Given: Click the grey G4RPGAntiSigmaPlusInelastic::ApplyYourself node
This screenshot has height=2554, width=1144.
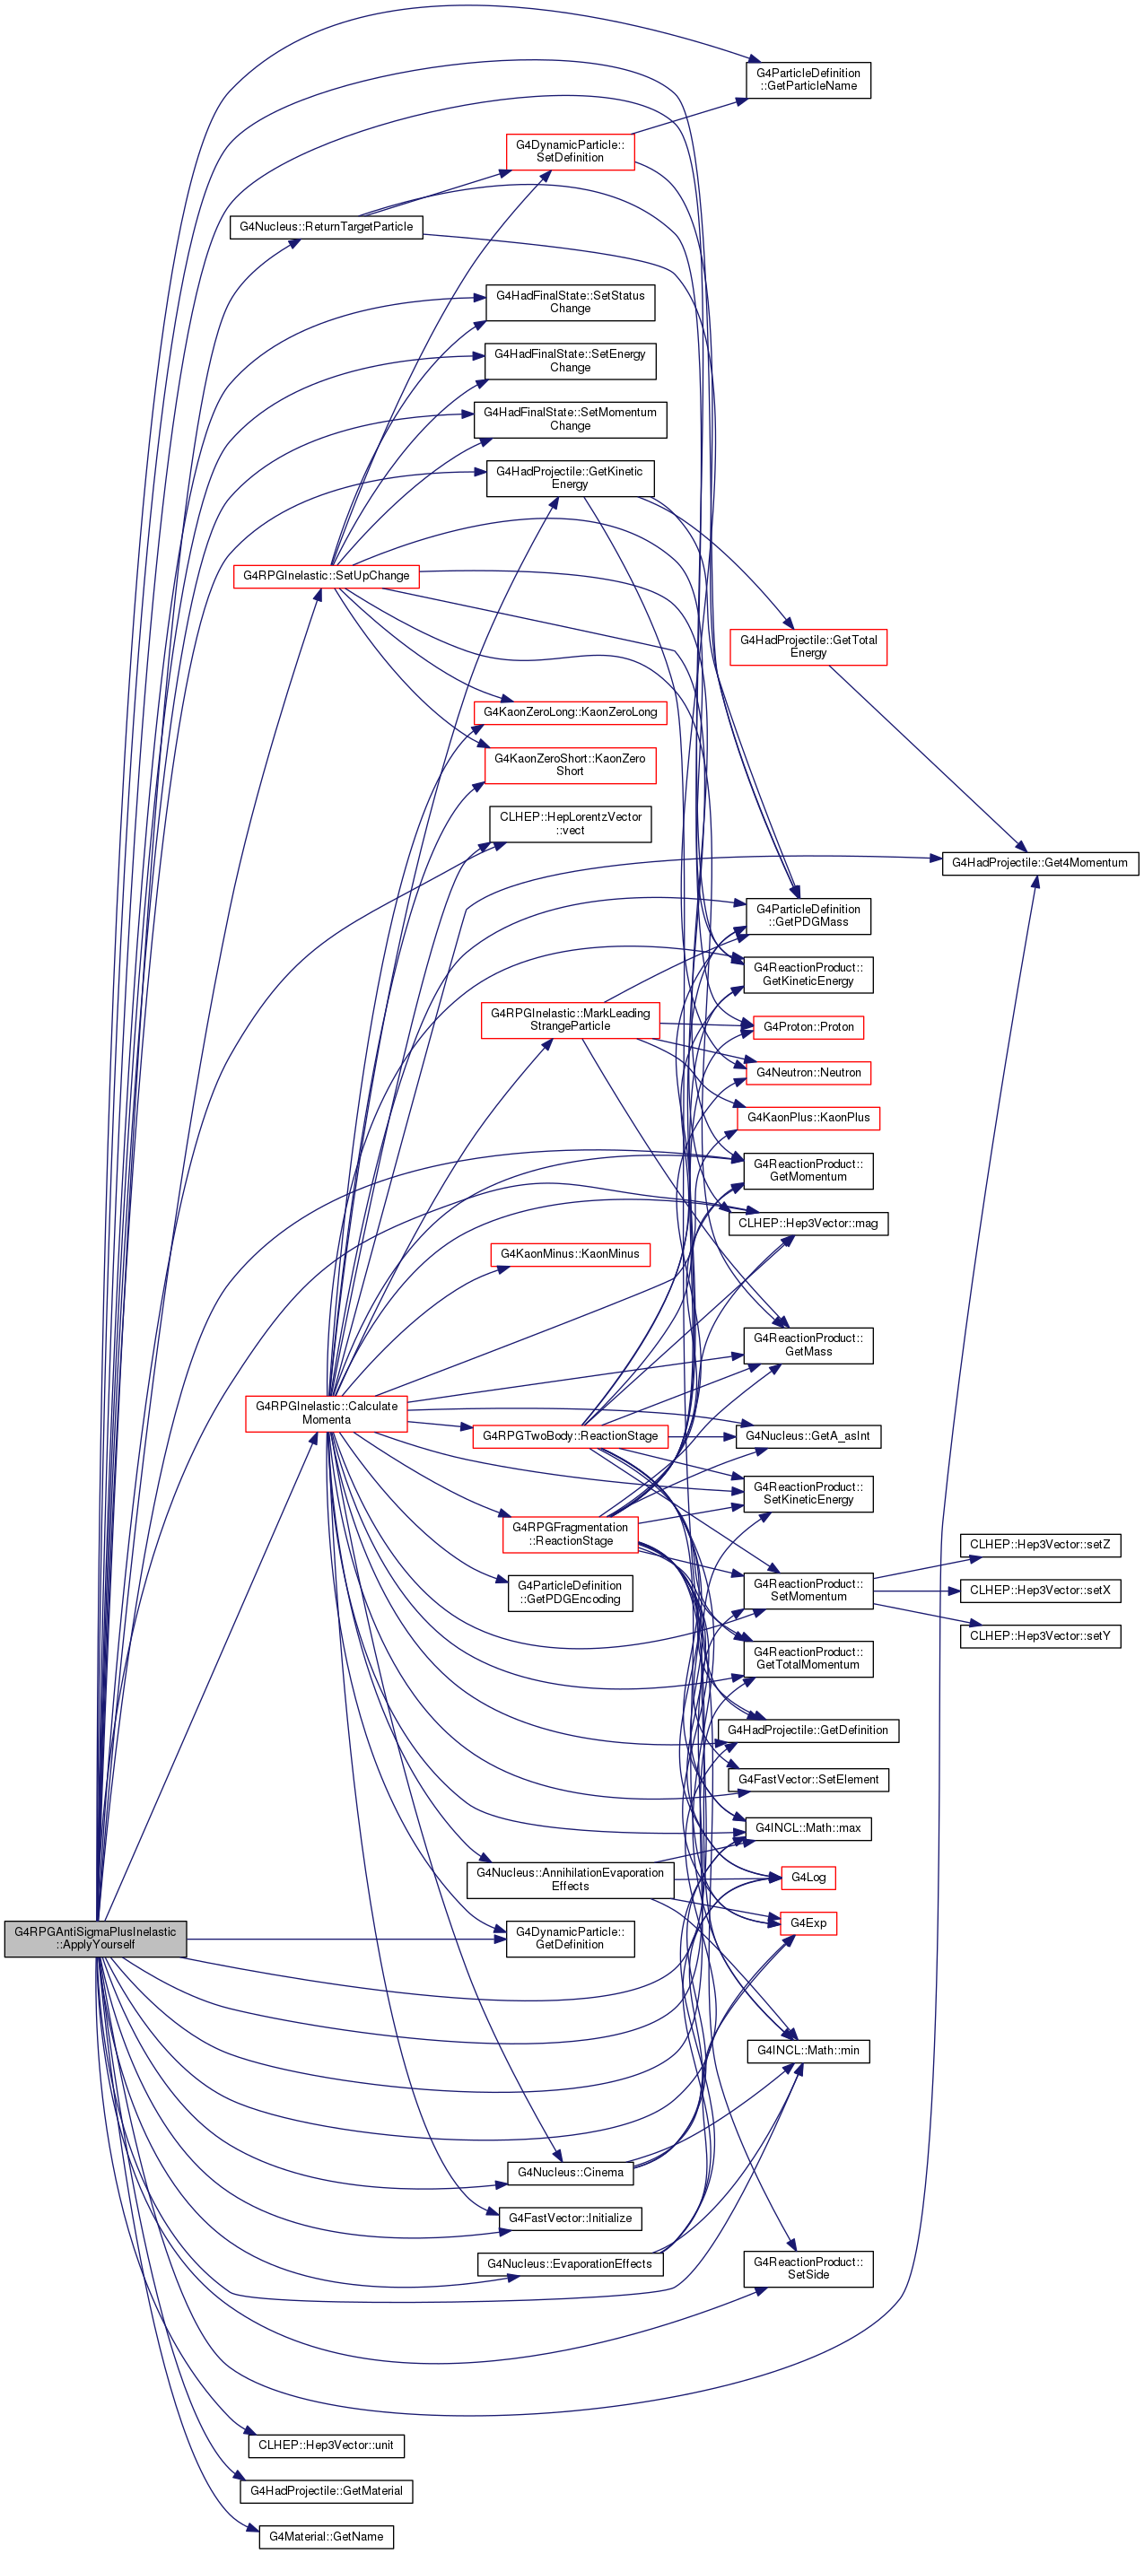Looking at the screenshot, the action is click(x=95, y=1939).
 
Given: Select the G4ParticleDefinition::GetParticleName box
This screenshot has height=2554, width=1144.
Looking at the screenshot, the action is click(x=808, y=79).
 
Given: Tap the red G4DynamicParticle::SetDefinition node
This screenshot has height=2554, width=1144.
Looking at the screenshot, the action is click(x=570, y=151).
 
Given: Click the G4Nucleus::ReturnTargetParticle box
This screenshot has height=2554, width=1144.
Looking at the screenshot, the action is click(x=326, y=227).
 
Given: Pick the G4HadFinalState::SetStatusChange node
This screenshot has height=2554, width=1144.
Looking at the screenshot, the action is click(x=570, y=302).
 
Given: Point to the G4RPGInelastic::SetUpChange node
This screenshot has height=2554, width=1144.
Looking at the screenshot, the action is click(x=326, y=576).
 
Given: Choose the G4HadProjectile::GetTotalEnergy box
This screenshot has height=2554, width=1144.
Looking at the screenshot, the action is click(x=808, y=647).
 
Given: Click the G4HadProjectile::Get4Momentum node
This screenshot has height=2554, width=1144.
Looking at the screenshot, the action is click(x=1040, y=863).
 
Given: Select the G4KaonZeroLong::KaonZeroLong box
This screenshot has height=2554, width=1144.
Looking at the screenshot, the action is click(x=570, y=712).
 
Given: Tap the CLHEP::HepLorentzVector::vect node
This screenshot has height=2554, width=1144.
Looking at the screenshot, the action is click(x=570, y=824).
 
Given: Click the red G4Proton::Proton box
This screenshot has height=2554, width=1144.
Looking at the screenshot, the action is click(x=808, y=1027).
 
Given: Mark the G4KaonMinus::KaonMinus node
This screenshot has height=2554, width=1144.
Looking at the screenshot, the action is click(x=570, y=1254).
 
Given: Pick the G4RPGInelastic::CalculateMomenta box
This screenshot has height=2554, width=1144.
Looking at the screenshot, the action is click(x=326, y=1413).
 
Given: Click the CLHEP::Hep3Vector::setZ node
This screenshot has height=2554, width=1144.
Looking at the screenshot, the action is click(x=1040, y=1545).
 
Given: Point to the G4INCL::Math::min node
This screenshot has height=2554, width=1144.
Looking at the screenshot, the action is click(x=808, y=2051).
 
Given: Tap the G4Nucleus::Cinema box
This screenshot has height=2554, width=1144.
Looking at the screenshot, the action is click(x=570, y=2172).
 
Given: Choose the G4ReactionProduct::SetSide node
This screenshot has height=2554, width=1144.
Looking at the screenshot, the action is click(x=808, y=2269).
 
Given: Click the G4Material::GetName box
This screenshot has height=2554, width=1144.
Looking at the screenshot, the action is click(x=326, y=2536).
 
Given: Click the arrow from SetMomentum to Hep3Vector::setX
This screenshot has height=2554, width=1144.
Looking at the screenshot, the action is click(x=917, y=1591).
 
